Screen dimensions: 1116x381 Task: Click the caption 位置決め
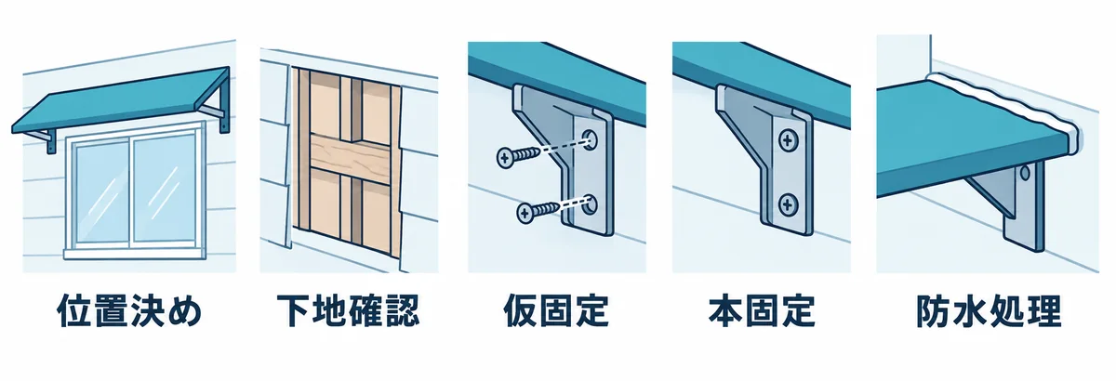(x=129, y=311)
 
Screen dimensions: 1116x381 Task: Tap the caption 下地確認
(x=348, y=311)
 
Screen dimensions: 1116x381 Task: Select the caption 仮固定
(x=556, y=311)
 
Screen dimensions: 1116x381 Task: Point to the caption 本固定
(x=762, y=311)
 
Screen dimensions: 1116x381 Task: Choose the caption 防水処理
(x=989, y=311)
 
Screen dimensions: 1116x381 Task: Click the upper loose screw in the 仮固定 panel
(x=518, y=157)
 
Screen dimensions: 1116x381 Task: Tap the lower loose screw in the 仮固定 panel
(x=538, y=212)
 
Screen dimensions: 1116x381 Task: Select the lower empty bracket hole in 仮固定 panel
(x=591, y=205)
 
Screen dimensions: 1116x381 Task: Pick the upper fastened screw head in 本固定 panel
(x=788, y=140)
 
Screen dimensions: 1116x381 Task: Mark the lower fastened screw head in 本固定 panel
(x=788, y=204)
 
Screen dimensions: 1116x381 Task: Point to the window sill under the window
(x=135, y=255)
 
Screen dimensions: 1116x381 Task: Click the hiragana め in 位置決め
(x=185, y=312)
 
